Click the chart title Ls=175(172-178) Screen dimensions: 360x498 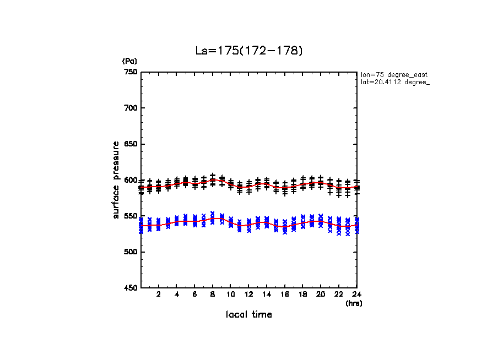[x=249, y=51]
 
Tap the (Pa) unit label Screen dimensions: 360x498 [x=129, y=61]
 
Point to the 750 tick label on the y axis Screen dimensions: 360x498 [x=131, y=72]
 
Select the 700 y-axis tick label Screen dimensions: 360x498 [x=131, y=108]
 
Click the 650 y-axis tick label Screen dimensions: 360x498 [x=131, y=144]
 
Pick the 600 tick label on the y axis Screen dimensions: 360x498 [x=131, y=180]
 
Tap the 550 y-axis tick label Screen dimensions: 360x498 [x=131, y=216]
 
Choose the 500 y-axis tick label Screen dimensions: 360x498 [x=131, y=252]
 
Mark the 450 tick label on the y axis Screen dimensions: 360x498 [x=131, y=288]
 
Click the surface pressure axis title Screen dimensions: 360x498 [x=117, y=179]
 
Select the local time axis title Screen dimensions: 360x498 [x=249, y=314]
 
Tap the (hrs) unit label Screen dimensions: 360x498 [x=354, y=303]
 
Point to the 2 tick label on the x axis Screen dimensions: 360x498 [x=159, y=294]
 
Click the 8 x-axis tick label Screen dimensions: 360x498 [x=213, y=294]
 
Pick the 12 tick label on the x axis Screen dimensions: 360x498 [x=248, y=294]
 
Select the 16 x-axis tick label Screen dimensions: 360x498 [x=284, y=294]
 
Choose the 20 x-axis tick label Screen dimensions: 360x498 [x=321, y=294]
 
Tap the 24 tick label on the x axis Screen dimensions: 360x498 [x=356, y=294]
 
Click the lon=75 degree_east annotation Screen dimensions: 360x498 [x=394, y=74]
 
